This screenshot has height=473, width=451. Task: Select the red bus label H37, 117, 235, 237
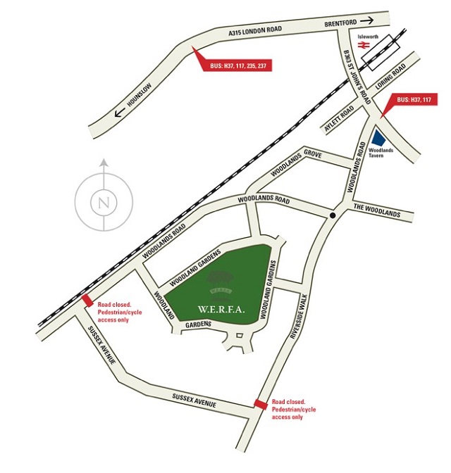[240, 66]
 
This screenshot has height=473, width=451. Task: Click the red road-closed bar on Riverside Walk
[261, 403]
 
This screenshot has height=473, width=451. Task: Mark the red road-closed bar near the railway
[87, 301]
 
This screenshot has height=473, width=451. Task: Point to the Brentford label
[342, 23]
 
